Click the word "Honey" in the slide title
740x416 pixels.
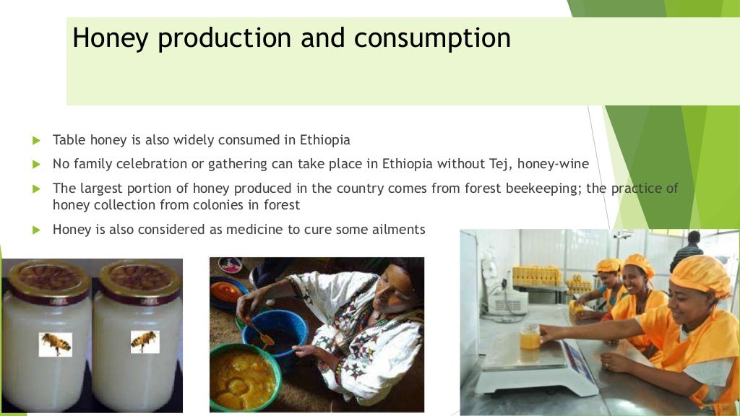coord(111,38)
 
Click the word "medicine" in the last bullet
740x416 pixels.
coord(244,230)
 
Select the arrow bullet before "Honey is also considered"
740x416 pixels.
coord(37,230)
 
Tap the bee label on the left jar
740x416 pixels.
coord(56,344)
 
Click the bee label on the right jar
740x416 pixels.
coord(145,342)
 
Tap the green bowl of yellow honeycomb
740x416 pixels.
coord(246,377)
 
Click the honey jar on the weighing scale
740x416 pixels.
coord(530,337)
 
